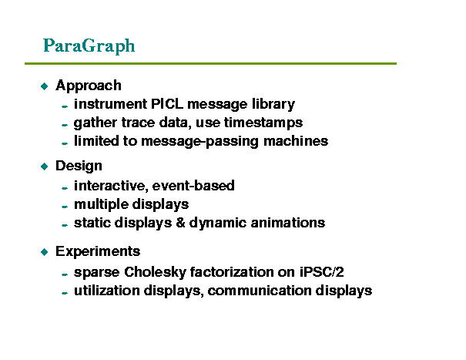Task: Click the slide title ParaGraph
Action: pos(89,45)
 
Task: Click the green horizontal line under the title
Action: pos(210,63)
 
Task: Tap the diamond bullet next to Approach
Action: pos(44,86)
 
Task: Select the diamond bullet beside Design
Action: pos(44,167)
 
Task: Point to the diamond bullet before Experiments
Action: pos(44,252)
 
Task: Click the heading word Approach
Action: pos(89,86)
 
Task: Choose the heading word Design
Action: pos(79,166)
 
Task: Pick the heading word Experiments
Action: pos(98,251)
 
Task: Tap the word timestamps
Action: pos(263,123)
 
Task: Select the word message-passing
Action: pos(199,141)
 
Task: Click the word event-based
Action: pos(193,185)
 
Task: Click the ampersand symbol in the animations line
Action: pos(180,223)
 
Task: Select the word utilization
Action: pos(107,291)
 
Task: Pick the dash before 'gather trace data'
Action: pos(65,125)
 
